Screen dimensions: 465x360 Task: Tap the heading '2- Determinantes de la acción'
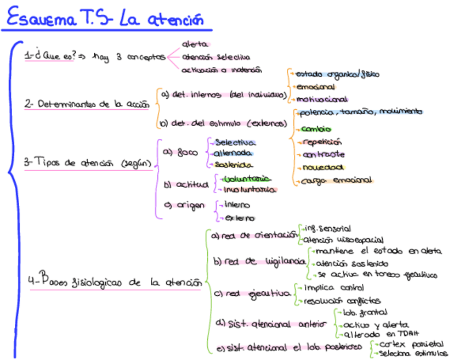86,104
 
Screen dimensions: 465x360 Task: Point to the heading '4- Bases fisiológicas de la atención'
114,282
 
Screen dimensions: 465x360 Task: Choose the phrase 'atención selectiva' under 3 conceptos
216,57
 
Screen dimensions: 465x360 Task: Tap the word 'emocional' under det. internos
315,87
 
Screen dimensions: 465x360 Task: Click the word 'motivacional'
322,99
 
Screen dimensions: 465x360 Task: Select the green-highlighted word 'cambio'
316,130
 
